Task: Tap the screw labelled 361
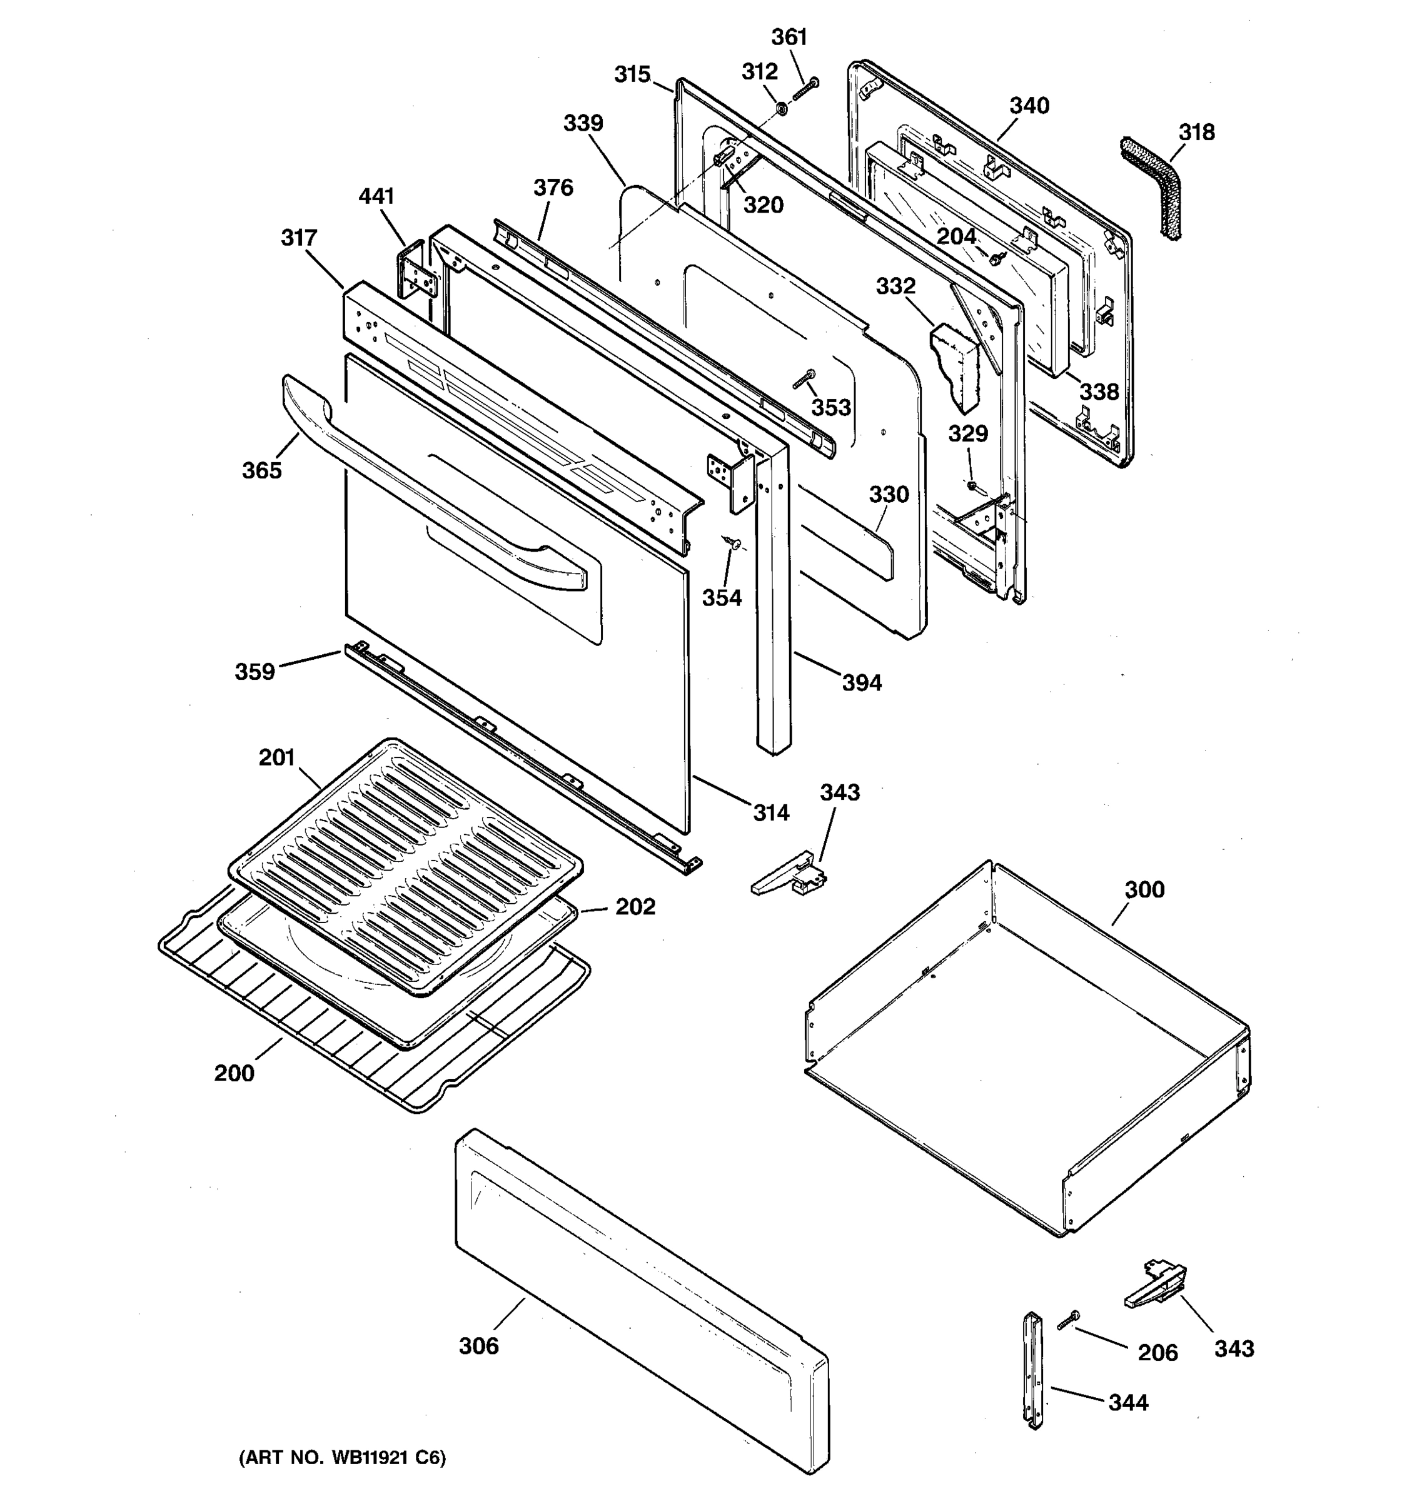pyautogui.click(x=805, y=90)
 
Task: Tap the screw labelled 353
pyautogui.click(x=805, y=378)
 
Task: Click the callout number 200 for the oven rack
pyautogui.click(x=234, y=1073)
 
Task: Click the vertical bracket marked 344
pyautogui.click(x=1032, y=1381)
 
